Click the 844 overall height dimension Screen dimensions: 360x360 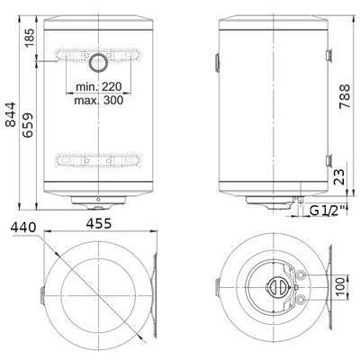point(11,114)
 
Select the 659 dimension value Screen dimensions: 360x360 point(28,125)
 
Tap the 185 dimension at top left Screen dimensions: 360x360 point(30,37)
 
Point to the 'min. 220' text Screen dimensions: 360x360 point(99,87)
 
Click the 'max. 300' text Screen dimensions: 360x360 point(99,100)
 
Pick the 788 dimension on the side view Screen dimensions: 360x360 point(345,96)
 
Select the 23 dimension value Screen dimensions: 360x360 point(339,176)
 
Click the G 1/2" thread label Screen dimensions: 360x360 point(326,211)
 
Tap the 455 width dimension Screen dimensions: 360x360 point(99,223)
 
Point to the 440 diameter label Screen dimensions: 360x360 point(23,228)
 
